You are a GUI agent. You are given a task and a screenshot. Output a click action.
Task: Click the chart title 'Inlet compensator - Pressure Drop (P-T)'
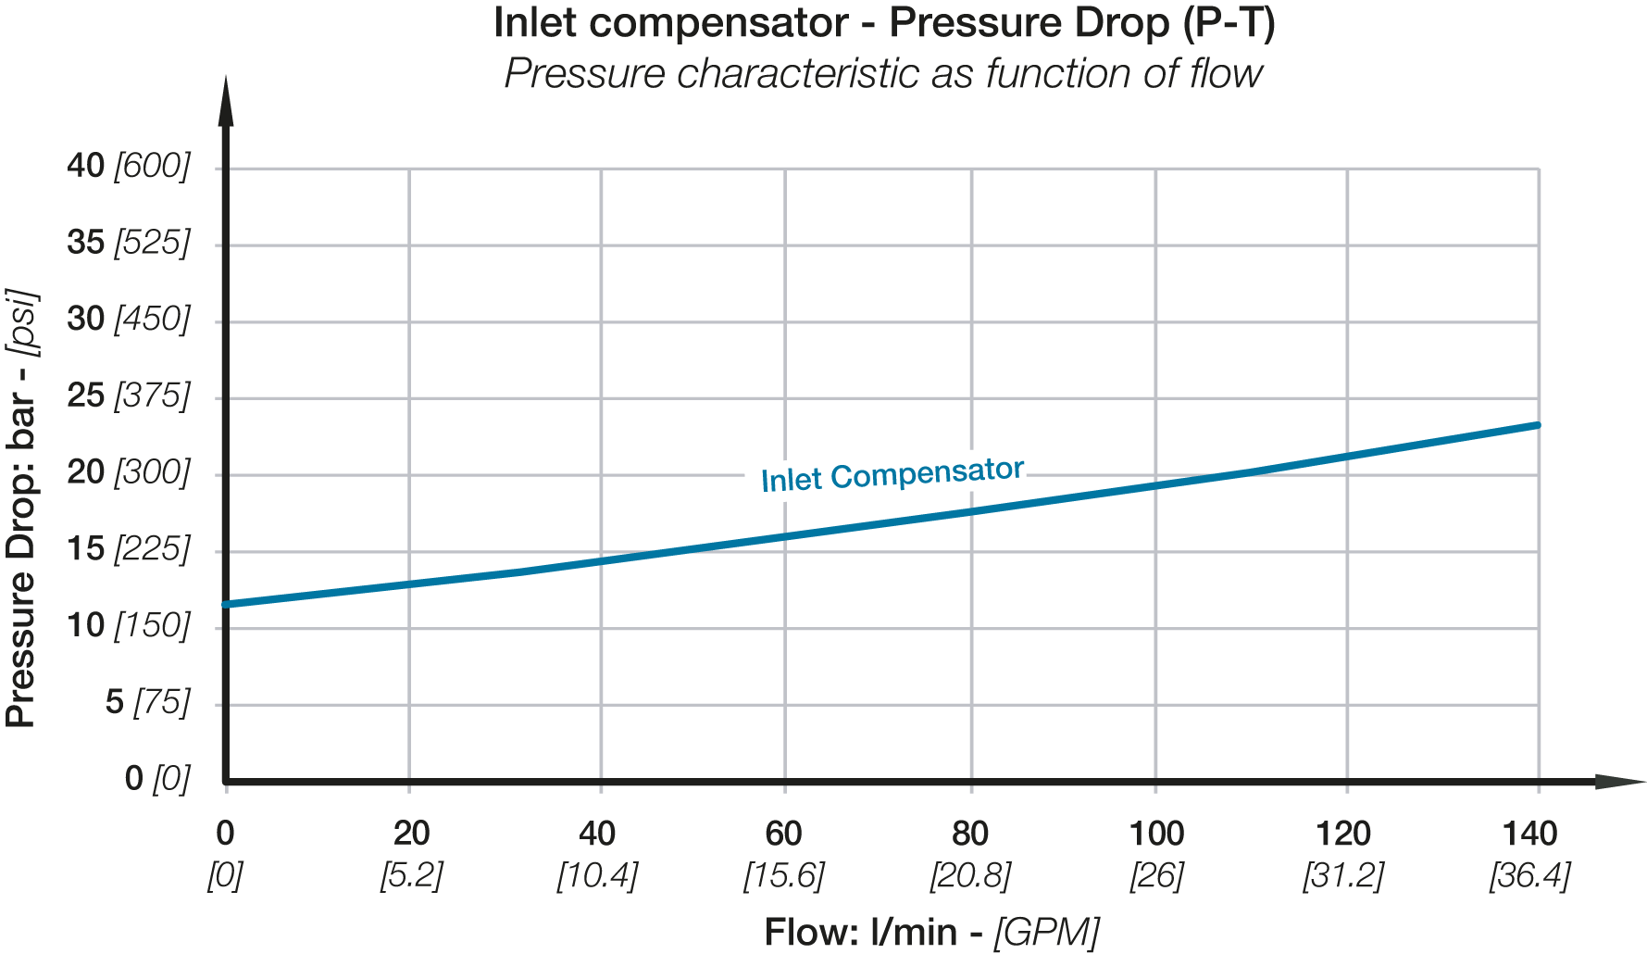[884, 23]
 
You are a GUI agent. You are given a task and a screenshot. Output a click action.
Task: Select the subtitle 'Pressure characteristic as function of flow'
[883, 73]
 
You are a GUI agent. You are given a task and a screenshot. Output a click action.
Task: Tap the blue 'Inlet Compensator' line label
[892, 474]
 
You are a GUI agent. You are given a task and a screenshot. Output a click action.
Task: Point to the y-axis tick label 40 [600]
[129, 167]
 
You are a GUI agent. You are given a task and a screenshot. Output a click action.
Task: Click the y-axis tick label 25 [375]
[129, 396]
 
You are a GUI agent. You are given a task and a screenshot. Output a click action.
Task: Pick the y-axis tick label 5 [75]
[148, 703]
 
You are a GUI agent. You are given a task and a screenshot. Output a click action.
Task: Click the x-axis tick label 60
[783, 835]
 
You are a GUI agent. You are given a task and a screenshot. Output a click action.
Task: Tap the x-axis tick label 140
[1529, 835]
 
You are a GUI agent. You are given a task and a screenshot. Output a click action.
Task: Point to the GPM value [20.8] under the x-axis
[970, 875]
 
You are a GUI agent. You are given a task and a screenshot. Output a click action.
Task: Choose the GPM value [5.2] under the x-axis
[411, 875]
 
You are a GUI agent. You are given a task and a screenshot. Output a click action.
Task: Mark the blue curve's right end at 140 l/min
[1538, 425]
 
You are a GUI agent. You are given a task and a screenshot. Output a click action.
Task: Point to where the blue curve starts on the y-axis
[227, 605]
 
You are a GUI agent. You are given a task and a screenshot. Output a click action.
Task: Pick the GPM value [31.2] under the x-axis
[1343, 875]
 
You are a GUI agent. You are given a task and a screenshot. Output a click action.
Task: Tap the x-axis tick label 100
[1156, 835]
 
